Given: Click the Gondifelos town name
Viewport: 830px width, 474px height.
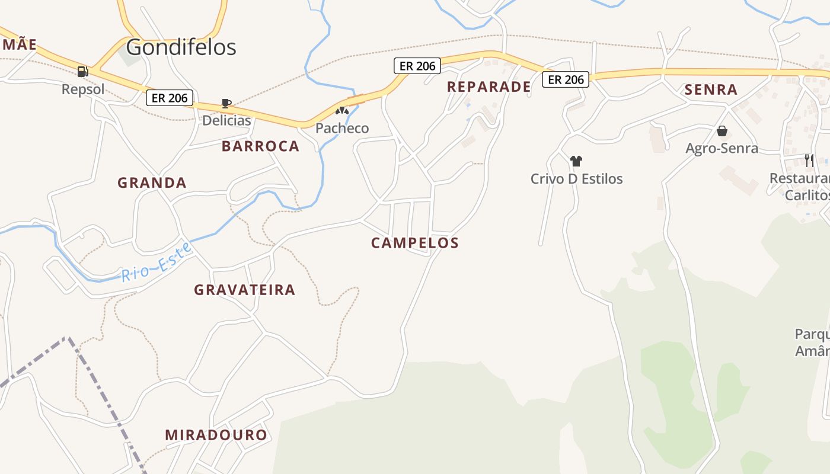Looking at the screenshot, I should (x=181, y=47).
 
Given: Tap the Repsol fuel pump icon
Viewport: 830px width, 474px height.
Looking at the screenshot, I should (x=83, y=72).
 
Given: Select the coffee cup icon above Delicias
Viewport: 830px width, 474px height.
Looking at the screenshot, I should (x=226, y=104).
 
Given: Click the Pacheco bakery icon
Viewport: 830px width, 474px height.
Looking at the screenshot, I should (x=341, y=111).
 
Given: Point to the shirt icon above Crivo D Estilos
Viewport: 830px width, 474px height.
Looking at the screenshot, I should (x=576, y=161).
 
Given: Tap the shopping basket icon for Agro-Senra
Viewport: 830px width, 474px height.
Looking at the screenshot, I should (x=722, y=131).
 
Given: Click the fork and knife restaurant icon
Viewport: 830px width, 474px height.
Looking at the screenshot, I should (x=809, y=160).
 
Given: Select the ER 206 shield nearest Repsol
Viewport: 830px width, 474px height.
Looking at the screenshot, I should (x=170, y=98).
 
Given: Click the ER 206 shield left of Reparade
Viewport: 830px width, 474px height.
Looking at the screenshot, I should (x=417, y=66).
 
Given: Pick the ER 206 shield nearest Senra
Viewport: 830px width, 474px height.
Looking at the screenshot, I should (x=566, y=79).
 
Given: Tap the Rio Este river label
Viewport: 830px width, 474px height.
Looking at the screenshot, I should (x=157, y=262).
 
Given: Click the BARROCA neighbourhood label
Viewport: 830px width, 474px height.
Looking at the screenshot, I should (x=260, y=146).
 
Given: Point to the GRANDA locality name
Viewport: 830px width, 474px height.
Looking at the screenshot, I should (x=152, y=182).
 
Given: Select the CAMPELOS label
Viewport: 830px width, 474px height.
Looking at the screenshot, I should (x=415, y=242).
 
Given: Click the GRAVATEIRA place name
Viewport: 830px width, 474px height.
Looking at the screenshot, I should (x=244, y=290).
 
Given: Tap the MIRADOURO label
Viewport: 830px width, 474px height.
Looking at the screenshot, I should (x=216, y=435).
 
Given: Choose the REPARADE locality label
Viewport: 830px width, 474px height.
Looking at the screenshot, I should (x=489, y=87).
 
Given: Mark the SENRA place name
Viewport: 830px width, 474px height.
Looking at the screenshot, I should (x=711, y=89).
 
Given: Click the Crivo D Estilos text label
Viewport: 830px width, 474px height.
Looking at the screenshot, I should (x=576, y=178).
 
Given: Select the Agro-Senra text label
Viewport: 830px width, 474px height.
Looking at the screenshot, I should (x=722, y=148).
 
